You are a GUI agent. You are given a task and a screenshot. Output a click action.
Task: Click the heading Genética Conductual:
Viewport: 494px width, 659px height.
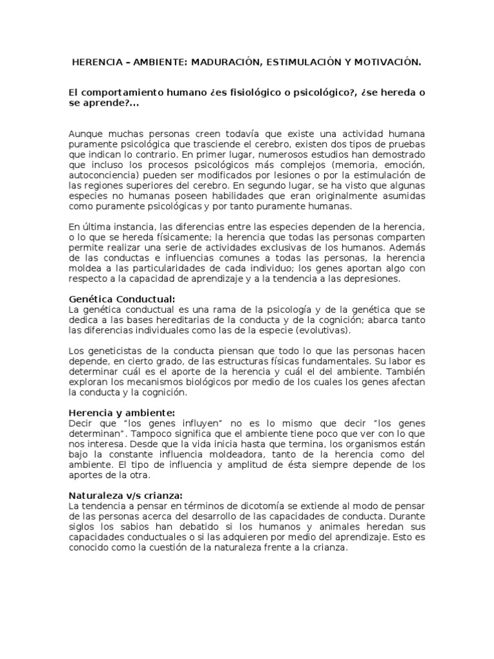click(x=122, y=299)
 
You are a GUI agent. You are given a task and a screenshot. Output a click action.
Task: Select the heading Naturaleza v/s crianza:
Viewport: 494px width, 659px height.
click(x=125, y=495)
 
